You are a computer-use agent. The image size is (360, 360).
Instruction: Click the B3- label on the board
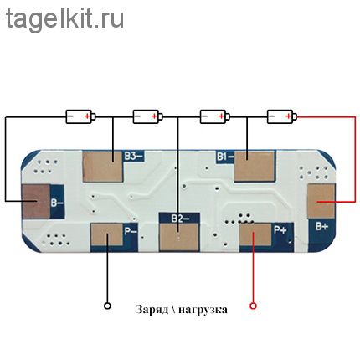tap(133, 156)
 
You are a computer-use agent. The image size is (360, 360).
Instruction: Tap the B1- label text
tap(225, 157)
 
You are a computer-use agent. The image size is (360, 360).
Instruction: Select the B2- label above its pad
tap(180, 219)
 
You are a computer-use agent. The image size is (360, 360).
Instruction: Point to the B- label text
tap(57, 202)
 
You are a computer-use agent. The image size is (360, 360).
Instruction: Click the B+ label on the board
tap(321, 226)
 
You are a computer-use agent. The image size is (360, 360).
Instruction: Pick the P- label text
tap(131, 231)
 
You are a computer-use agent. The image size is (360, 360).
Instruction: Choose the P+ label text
tap(280, 230)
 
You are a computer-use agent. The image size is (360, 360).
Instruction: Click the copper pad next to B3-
tap(103, 167)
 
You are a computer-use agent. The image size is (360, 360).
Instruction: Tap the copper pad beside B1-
tap(255, 167)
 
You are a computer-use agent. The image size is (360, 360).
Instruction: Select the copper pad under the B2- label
tap(179, 237)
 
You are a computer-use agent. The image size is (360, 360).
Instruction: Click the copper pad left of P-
tap(107, 234)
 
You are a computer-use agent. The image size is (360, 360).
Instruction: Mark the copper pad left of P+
tap(255, 234)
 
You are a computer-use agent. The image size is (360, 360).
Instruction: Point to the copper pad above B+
tap(321, 201)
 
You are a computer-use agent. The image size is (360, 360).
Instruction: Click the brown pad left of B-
tap(36, 202)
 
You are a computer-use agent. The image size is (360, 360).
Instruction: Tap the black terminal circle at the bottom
tap(107, 306)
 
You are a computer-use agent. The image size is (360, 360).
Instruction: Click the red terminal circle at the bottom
tap(253, 306)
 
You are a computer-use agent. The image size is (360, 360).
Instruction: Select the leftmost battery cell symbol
tap(80, 116)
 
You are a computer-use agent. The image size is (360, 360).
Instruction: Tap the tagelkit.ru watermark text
tap(64, 18)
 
